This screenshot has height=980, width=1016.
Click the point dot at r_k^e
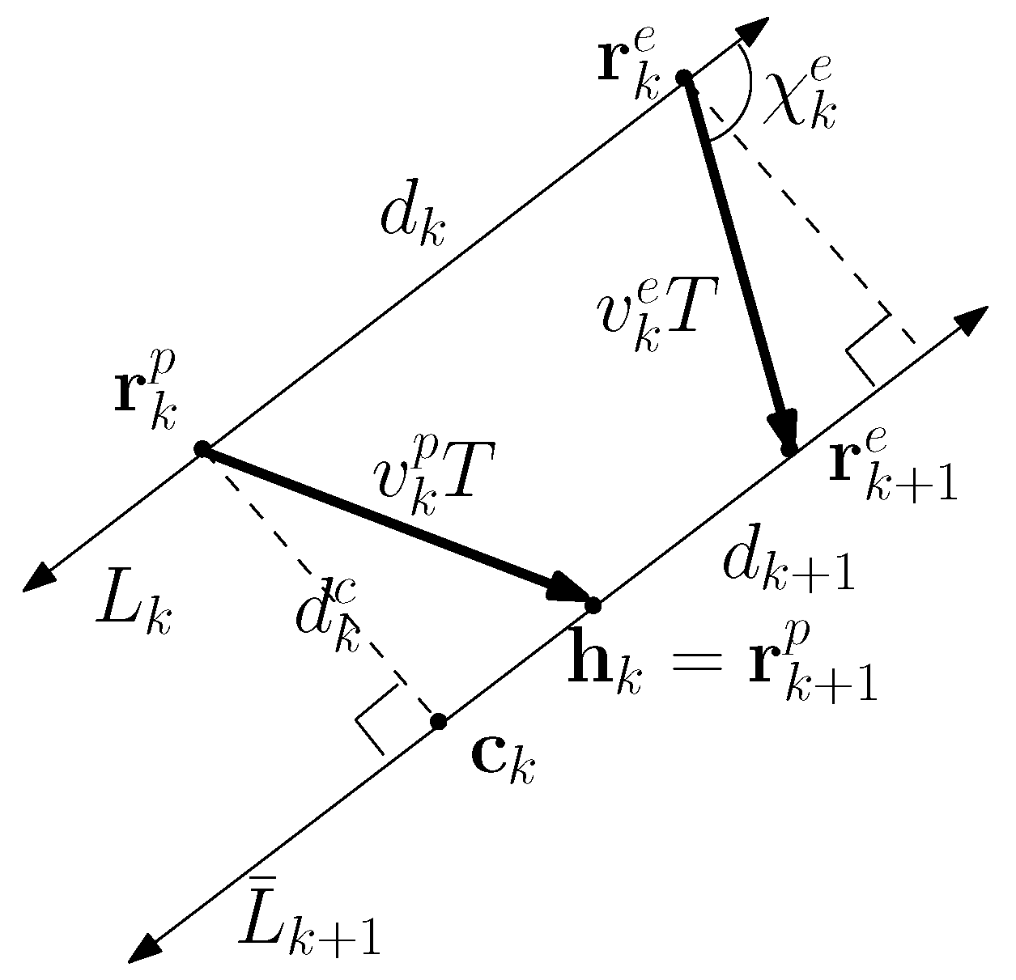684,77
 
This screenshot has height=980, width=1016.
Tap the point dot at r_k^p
202,449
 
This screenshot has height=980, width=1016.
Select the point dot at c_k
438,721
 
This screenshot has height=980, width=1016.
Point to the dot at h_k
593,605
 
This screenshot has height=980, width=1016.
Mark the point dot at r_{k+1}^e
789,448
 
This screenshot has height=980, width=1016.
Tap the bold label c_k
503,760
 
